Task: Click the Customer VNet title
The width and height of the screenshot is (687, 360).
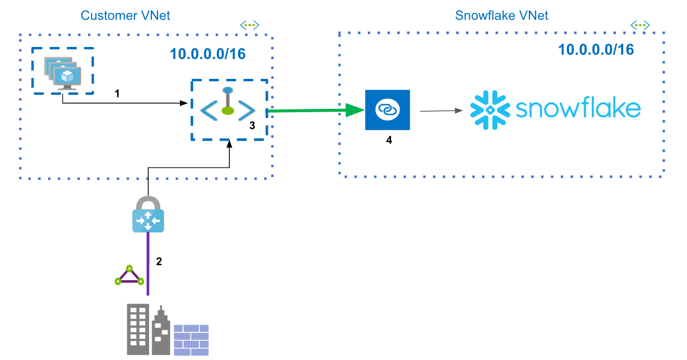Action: click(x=125, y=15)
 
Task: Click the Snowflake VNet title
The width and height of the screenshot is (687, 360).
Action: click(x=502, y=15)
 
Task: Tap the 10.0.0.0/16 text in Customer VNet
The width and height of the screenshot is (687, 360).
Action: click(x=208, y=54)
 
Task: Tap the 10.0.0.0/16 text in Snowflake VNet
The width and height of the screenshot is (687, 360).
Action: click(x=596, y=49)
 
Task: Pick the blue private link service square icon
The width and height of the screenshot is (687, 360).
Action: click(x=387, y=110)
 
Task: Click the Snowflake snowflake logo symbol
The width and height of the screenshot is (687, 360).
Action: click(x=490, y=110)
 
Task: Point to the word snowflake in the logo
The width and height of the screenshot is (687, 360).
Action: click(x=578, y=110)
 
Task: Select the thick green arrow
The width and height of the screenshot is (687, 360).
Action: click(x=314, y=111)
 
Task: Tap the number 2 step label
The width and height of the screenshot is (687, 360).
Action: click(x=159, y=262)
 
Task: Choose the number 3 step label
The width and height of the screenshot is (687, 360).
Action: click(x=252, y=126)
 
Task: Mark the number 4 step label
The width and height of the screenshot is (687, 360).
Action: click(x=388, y=141)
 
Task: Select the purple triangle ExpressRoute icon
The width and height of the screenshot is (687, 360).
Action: click(x=129, y=276)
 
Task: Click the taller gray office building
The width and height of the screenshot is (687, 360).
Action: click(x=137, y=329)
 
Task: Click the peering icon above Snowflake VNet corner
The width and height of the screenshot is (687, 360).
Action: click(x=640, y=25)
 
